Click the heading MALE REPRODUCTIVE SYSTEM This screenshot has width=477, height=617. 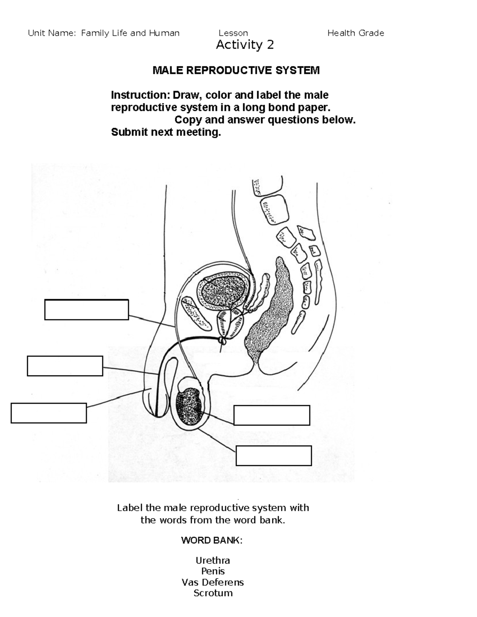236,71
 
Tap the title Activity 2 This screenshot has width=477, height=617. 244,45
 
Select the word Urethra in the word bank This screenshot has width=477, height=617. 213,561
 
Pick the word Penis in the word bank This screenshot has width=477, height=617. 213,571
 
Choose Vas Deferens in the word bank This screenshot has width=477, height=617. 213,582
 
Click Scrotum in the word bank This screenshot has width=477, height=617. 213,593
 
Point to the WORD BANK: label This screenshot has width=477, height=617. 211,540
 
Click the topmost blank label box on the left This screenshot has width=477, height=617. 86,309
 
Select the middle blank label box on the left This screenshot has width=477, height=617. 65,366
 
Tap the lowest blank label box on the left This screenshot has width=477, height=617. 48,413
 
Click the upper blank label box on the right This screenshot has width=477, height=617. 271,415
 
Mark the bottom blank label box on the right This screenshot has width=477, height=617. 273,455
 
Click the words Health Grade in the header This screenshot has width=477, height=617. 355,33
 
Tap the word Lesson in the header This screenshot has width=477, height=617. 233,33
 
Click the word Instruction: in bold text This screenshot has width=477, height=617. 140,95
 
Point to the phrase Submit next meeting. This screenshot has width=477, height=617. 166,132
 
